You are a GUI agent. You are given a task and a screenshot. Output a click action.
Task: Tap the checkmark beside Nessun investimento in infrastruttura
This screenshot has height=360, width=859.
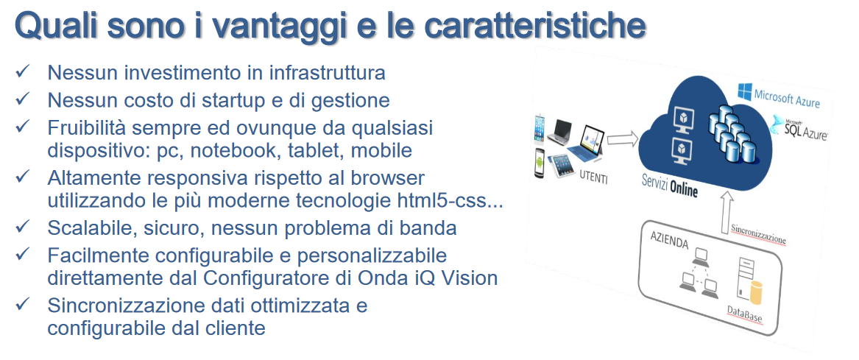coord(23,71)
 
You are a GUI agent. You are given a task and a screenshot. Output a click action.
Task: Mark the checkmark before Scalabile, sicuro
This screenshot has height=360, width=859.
coord(23,226)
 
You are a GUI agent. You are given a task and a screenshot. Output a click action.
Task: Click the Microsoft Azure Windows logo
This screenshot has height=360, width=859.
coord(744,92)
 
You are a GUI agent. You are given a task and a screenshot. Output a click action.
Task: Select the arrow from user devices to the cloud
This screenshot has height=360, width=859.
coord(623,139)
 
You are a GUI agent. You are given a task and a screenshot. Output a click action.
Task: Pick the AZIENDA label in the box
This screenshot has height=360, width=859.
coord(669,241)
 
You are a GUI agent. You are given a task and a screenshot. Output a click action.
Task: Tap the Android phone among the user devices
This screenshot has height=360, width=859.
coord(540,163)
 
